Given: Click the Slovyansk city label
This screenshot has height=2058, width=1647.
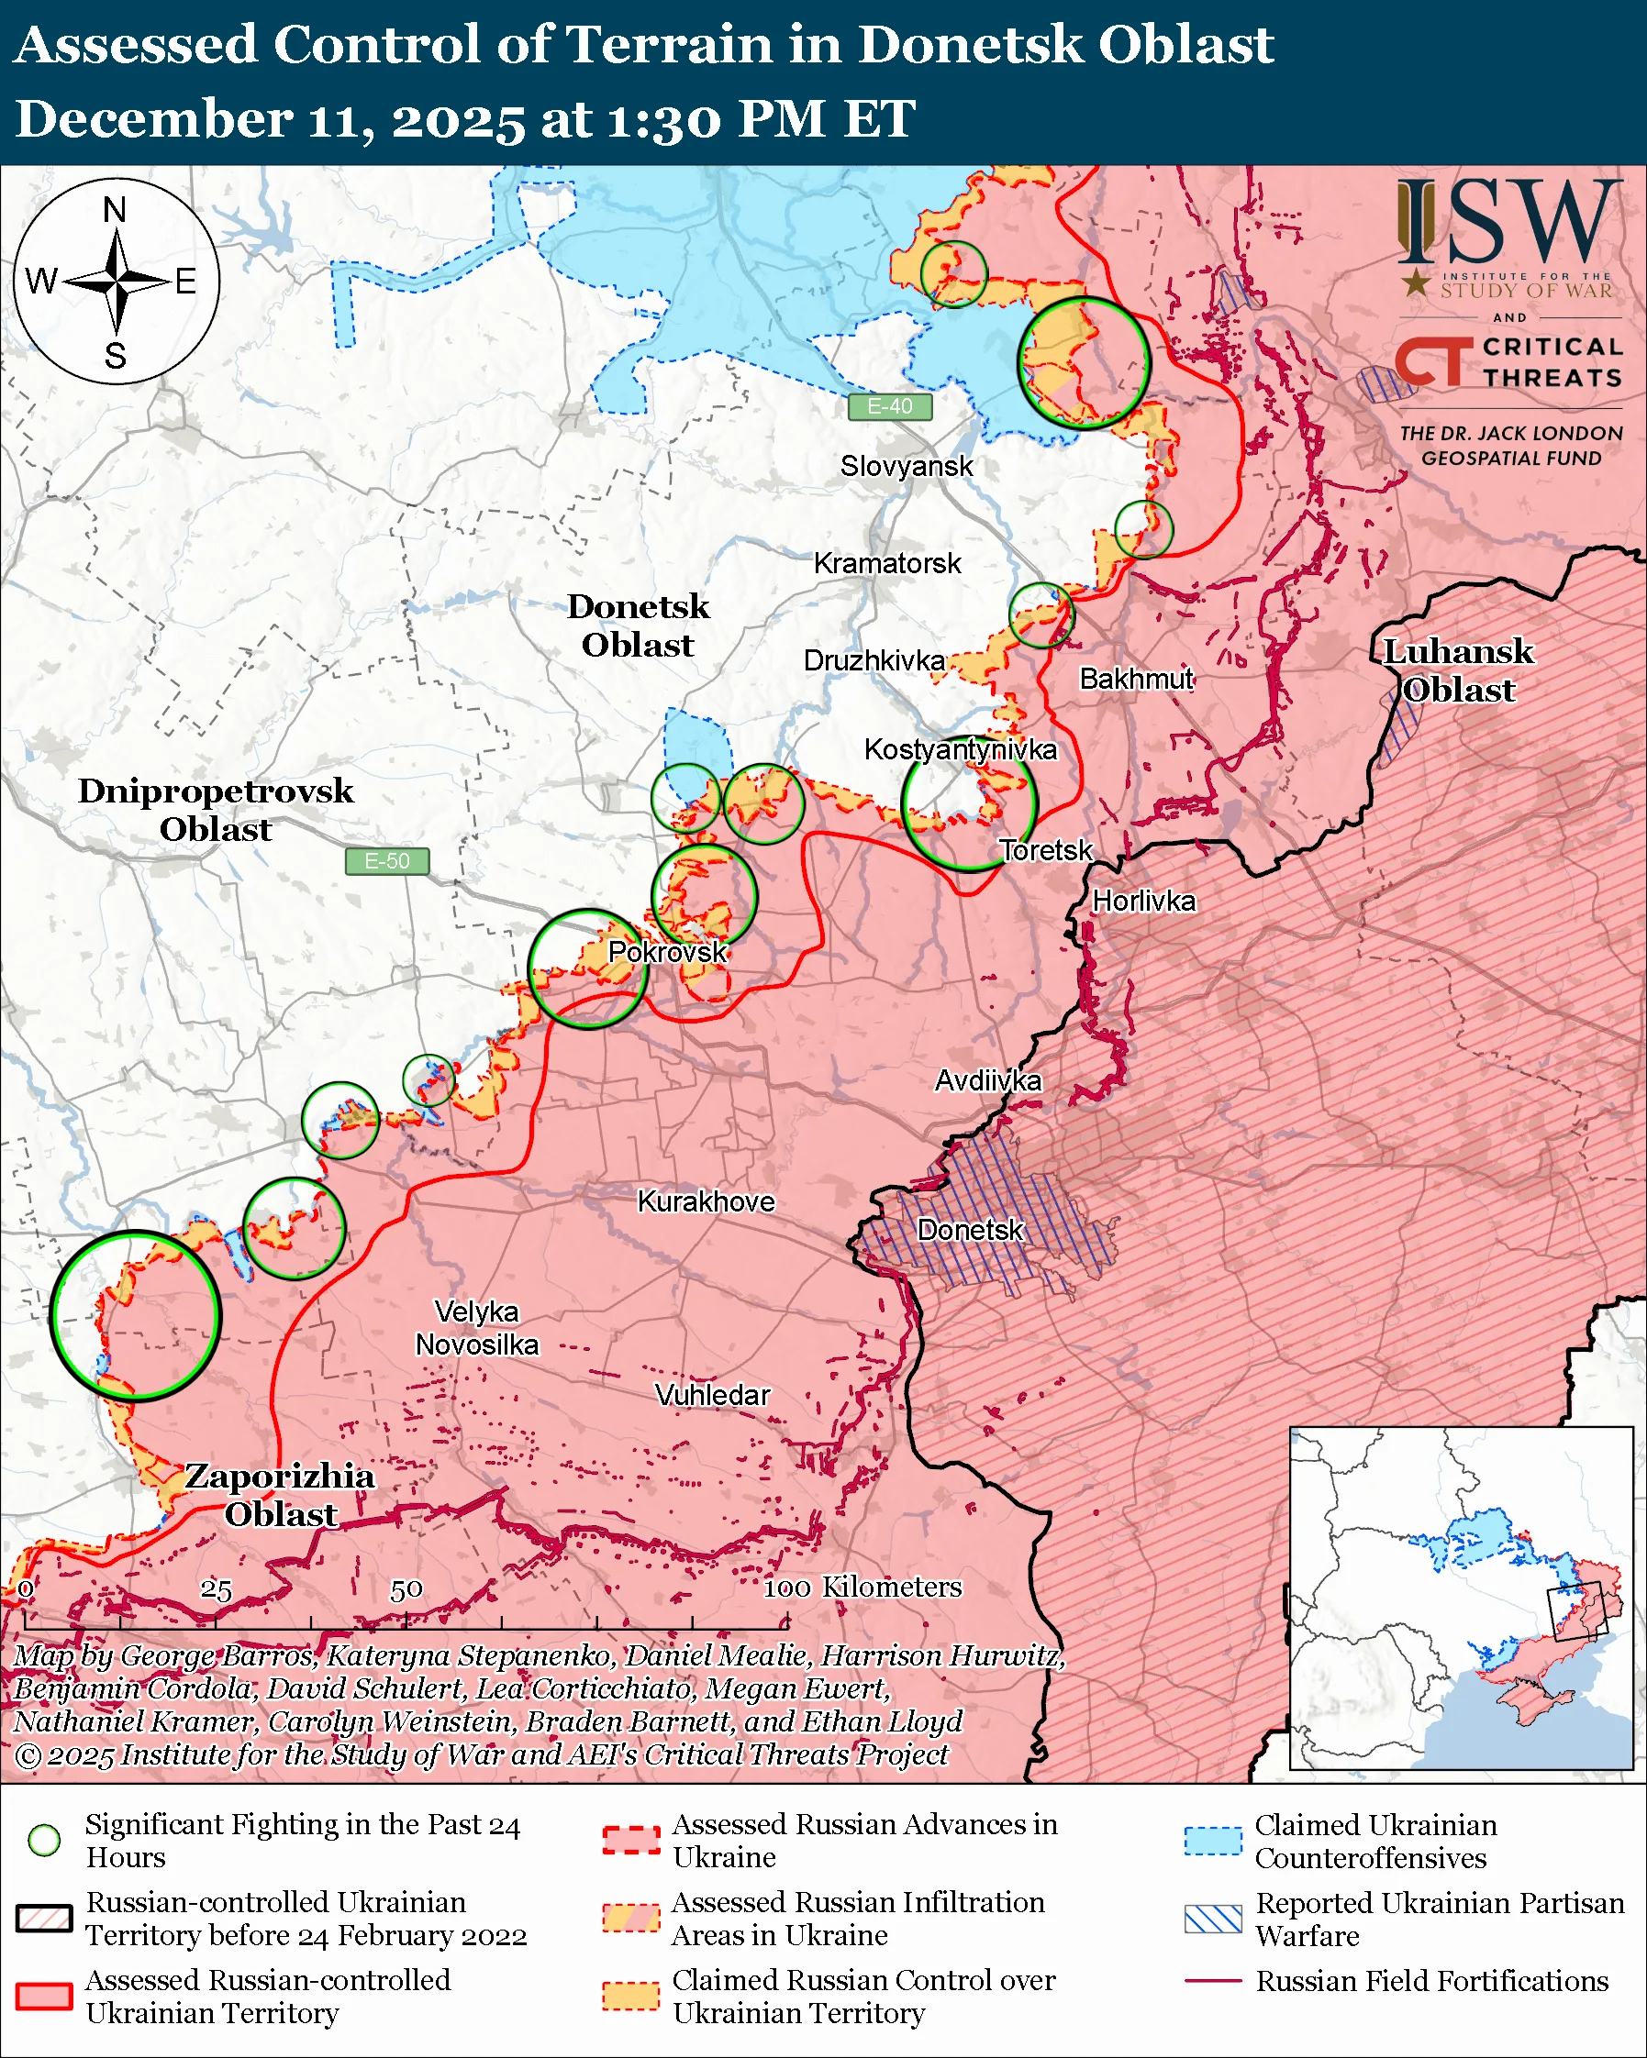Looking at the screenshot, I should pyautogui.click(x=907, y=466).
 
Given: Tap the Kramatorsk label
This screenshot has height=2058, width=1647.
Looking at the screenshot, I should pyautogui.click(x=887, y=563).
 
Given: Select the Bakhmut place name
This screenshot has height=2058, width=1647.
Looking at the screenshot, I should pyautogui.click(x=1136, y=679).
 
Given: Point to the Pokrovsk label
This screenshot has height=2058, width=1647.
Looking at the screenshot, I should pyautogui.click(x=667, y=952).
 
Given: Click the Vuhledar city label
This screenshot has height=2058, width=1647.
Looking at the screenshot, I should pyautogui.click(x=712, y=1395).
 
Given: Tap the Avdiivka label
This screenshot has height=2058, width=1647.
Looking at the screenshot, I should pyautogui.click(x=988, y=1080).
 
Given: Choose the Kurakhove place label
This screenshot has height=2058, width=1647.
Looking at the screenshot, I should pyautogui.click(x=706, y=1200).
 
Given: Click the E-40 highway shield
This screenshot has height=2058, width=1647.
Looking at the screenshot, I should pyautogui.click(x=889, y=406).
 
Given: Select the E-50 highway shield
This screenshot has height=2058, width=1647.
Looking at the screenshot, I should pyautogui.click(x=386, y=861).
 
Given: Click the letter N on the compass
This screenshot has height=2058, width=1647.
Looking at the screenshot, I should pyautogui.click(x=115, y=209).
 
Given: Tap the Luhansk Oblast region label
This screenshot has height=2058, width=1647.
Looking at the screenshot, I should pyautogui.click(x=1458, y=671).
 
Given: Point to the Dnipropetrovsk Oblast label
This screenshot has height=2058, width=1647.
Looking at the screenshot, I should pyautogui.click(x=216, y=810).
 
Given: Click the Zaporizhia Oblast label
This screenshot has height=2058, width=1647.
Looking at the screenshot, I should pyautogui.click(x=280, y=1495).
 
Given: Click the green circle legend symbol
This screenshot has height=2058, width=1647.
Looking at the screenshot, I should pyautogui.click(x=45, y=1841).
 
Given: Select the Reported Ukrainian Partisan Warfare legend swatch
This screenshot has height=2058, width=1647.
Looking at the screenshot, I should pyautogui.click(x=1213, y=1919).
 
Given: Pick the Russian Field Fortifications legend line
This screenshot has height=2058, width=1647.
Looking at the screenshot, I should pyautogui.click(x=1213, y=1981).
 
